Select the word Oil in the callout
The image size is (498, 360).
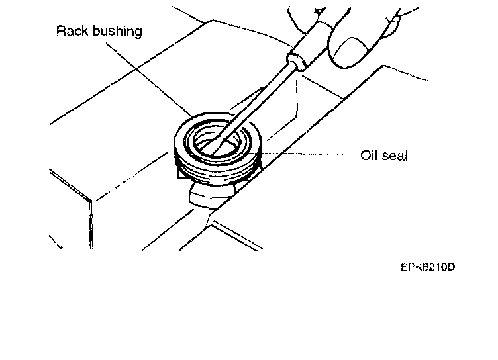(368, 156)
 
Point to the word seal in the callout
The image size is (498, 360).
(395, 156)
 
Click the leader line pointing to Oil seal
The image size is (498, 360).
(311, 155)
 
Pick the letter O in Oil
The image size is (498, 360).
(364, 156)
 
